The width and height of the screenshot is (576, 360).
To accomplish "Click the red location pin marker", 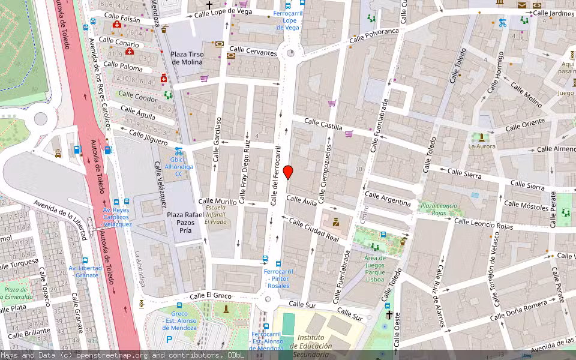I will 288,172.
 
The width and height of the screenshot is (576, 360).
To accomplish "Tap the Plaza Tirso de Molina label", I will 187,58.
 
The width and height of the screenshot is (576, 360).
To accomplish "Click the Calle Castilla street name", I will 323,124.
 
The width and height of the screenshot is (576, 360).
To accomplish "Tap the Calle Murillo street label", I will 217,202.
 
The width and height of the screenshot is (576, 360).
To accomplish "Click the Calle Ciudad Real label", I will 314,230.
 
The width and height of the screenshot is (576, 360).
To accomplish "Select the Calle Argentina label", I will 388,199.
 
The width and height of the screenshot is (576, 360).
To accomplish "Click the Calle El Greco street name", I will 211,296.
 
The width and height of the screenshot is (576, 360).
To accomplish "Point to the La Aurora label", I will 481,146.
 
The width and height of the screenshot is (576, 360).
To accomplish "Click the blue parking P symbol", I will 169,340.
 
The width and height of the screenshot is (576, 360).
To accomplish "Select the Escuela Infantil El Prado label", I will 216,214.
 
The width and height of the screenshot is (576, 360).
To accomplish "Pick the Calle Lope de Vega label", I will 223,11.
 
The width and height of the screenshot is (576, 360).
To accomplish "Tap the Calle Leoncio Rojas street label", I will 482,224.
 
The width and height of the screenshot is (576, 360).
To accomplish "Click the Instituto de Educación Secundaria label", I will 311,346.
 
